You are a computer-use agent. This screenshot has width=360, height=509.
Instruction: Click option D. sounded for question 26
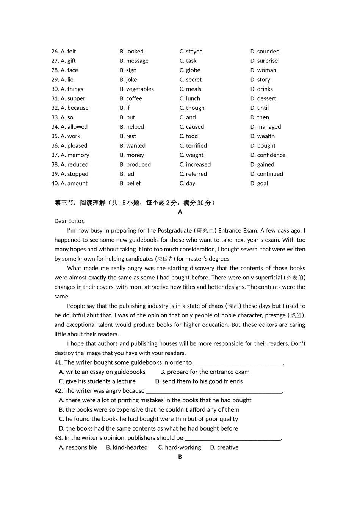(x=265, y=51)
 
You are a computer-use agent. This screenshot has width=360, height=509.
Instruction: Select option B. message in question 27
(x=134, y=61)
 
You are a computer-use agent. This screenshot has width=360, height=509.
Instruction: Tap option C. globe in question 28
(x=190, y=70)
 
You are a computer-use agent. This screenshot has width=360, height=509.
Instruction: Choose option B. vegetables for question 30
(x=137, y=89)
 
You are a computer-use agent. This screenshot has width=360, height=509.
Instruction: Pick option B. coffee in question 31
(x=131, y=98)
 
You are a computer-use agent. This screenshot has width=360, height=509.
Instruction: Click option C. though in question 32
(x=192, y=108)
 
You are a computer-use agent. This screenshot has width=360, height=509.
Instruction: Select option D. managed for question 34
(x=265, y=127)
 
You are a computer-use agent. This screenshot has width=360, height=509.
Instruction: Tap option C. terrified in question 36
(x=193, y=145)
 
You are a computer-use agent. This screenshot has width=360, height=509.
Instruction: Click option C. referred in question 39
(x=193, y=174)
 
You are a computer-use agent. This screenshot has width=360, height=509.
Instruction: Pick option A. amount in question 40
(x=74, y=183)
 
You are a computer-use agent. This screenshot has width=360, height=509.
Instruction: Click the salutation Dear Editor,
(x=69, y=221)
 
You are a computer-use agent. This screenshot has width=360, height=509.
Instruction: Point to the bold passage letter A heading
(x=180, y=212)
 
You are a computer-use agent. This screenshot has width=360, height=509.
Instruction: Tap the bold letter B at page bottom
(x=180, y=457)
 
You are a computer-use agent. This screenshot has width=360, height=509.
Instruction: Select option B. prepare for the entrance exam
(x=205, y=372)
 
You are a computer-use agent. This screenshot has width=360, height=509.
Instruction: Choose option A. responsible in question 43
(x=78, y=447)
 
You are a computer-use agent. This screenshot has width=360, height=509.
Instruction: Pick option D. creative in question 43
(x=224, y=447)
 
